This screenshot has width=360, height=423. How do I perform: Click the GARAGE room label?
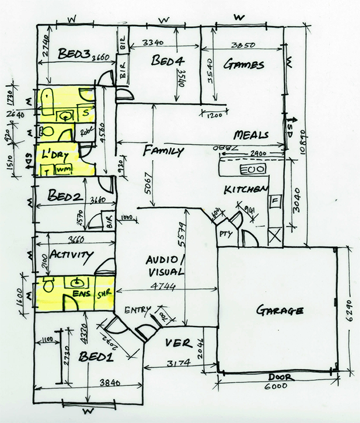click(279, 311)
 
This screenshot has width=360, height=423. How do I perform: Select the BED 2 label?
click(66, 197)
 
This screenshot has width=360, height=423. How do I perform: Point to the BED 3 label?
click(75, 54)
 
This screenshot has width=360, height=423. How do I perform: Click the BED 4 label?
click(166, 61)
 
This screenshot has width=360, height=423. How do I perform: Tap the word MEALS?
click(251, 136)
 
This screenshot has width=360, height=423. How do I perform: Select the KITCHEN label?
click(246, 189)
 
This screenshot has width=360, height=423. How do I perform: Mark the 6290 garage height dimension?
click(351, 312)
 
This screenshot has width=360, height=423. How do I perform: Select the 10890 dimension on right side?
click(310, 143)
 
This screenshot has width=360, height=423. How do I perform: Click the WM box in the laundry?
click(61, 169)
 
